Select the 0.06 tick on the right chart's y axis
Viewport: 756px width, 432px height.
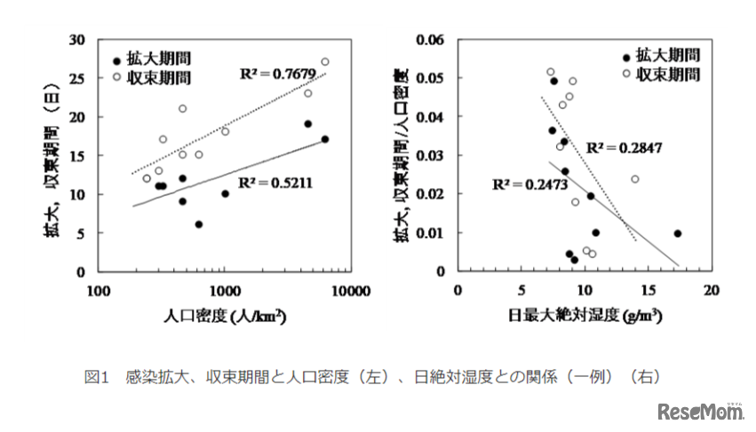coord(433,40)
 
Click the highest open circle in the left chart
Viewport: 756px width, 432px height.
coord(324,61)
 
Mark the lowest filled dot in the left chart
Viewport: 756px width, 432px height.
coord(199,224)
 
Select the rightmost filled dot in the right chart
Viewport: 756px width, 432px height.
coord(677,233)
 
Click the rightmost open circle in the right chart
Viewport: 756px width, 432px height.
coord(634,179)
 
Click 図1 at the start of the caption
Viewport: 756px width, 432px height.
coord(95,377)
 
